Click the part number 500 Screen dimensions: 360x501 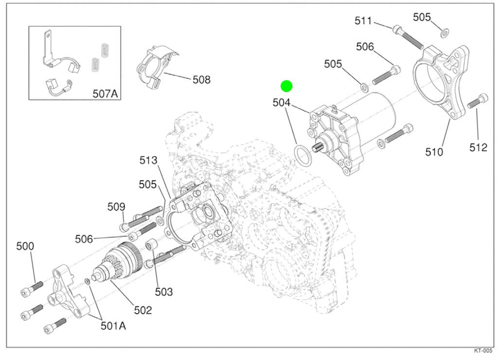(x=25, y=246)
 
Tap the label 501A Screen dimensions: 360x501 (x=113, y=325)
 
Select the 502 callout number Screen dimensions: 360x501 (x=143, y=310)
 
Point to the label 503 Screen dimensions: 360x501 (x=164, y=292)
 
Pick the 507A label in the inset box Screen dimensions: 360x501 (x=106, y=93)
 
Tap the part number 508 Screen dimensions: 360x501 (x=201, y=79)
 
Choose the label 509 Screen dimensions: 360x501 (x=116, y=207)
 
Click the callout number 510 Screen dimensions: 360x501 (x=434, y=152)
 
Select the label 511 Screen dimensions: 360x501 (x=363, y=21)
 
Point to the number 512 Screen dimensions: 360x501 (x=478, y=147)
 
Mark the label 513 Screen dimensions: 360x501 (x=148, y=160)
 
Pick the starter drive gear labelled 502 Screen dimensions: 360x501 (x=119, y=263)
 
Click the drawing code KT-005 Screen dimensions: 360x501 (x=483, y=350)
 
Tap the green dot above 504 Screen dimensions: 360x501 (x=286, y=87)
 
